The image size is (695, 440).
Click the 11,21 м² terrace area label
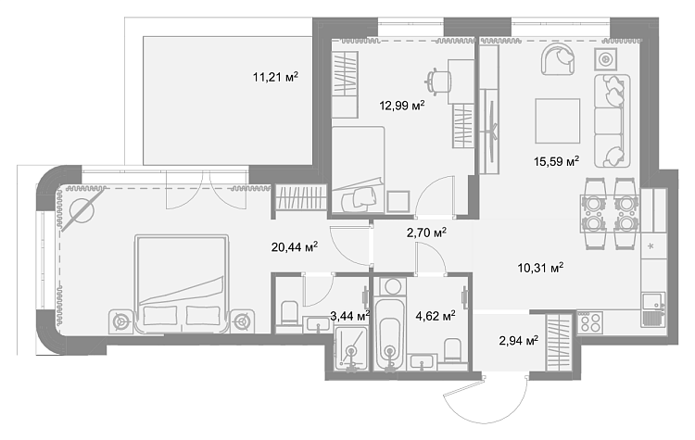coord(275,78)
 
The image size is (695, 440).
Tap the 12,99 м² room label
coord(402,106)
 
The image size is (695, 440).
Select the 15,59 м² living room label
coord(556,161)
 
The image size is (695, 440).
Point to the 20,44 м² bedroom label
coord(295,246)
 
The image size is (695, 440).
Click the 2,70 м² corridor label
coord(426,233)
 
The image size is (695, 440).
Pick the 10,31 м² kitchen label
coord(540,268)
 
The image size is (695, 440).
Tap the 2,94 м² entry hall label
coord(519,341)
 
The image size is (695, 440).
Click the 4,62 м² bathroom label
coord(436,316)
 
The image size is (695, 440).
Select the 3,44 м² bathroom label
coord(350,316)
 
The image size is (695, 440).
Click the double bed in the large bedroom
coord(183,283)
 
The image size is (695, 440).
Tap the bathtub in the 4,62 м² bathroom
coord(390,333)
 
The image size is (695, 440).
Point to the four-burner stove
coord(589,322)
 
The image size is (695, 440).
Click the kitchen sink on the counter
coord(654,309)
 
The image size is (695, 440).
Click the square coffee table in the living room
coord(558,121)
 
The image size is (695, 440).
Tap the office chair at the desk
coord(438,82)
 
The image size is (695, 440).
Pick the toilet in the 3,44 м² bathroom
coord(290,313)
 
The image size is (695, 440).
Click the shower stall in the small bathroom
coord(351,348)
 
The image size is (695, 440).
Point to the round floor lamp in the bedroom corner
coord(82,208)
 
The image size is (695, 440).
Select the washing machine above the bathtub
coord(390,286)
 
